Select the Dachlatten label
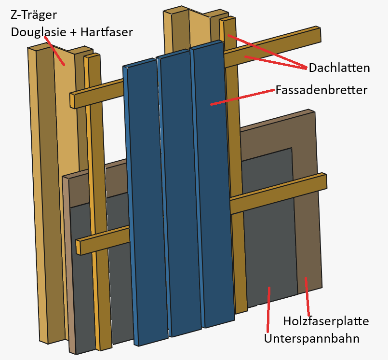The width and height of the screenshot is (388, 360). click(339, 68)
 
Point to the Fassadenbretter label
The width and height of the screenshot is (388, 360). click(321, 90)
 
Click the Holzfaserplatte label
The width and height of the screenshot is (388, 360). click(326, 321)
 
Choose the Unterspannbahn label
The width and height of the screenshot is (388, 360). click(311, 338)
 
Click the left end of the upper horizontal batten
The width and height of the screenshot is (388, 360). click(73, 100)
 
